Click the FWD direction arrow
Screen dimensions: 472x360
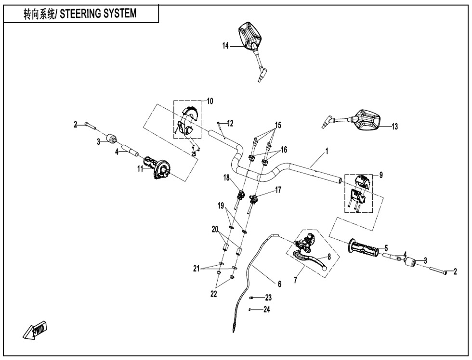[x=36, y=330]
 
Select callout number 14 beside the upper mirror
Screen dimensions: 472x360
[x=226, y=46]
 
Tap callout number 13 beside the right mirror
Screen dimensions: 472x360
[x=394, y=127]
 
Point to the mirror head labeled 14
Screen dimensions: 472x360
[x=250, y=35]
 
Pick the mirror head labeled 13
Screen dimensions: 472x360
[x=368, y=120]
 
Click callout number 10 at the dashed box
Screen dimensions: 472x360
[x=210, y=101]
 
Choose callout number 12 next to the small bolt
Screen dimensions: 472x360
[x=230, y=123]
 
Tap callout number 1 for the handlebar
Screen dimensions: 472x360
[x=327, y=151]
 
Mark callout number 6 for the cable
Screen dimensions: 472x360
[x=280, y=283]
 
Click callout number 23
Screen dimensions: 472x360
[x=268, y=298]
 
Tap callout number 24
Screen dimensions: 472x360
[x=267, y=309]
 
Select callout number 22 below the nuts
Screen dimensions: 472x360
[x=214, y=294]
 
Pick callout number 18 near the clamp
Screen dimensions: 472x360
[x=226, y=178]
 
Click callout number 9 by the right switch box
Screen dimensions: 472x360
[x=381, y=175]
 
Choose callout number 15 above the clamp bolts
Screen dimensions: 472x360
[x=278, y=125]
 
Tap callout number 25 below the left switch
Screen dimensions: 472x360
[x=194, y=154]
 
